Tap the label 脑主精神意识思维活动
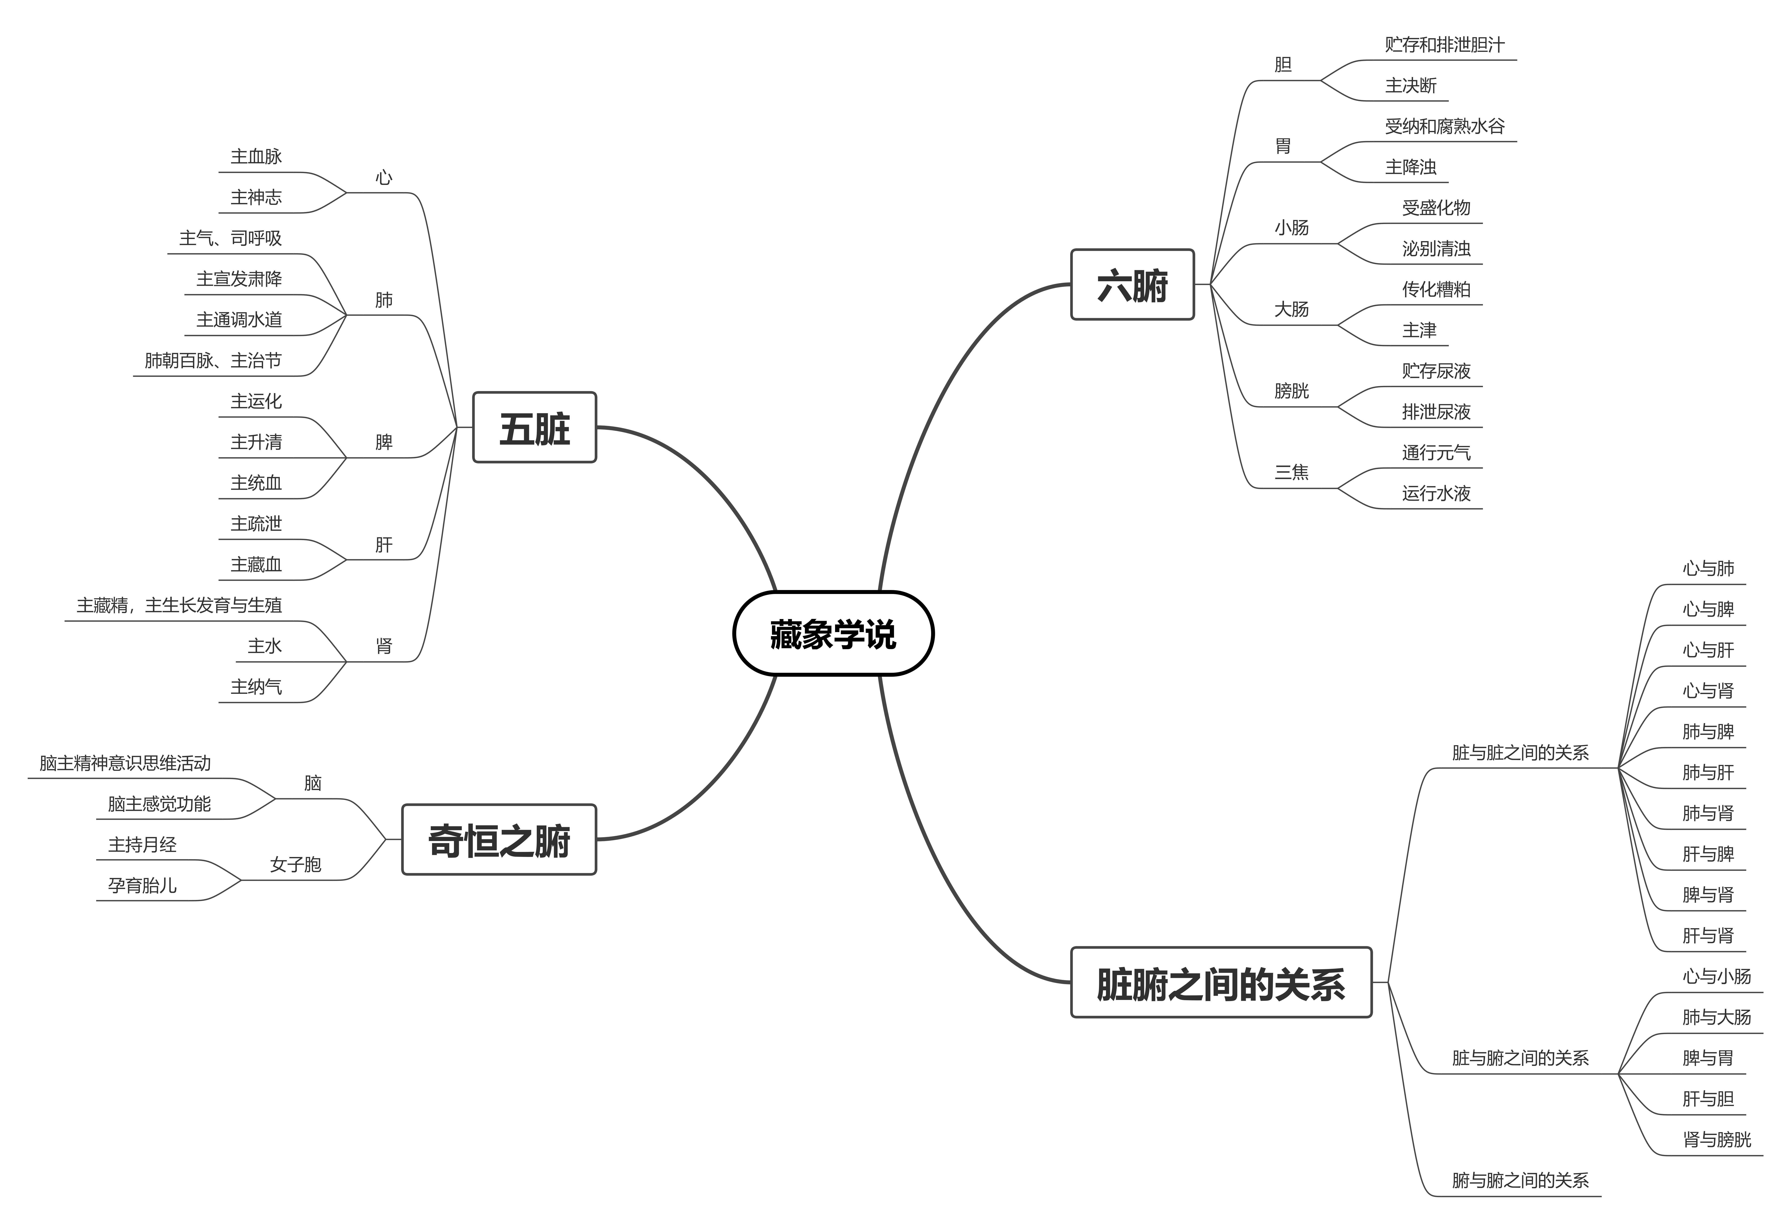[125, 763]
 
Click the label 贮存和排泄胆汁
[1444, 45]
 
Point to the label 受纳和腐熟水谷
[1444, 126]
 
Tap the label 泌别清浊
[1436, 249]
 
